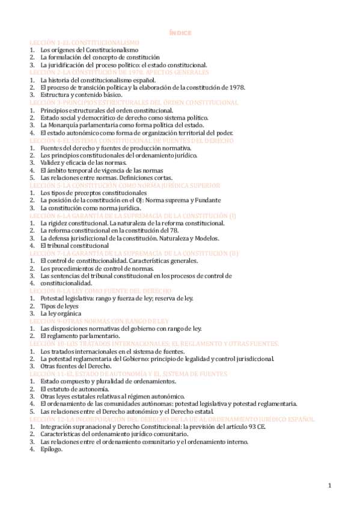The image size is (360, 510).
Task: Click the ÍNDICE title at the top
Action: [179, 34]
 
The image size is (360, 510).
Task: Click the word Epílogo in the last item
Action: [53, 449]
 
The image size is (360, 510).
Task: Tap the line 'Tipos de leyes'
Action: [59, 306]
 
